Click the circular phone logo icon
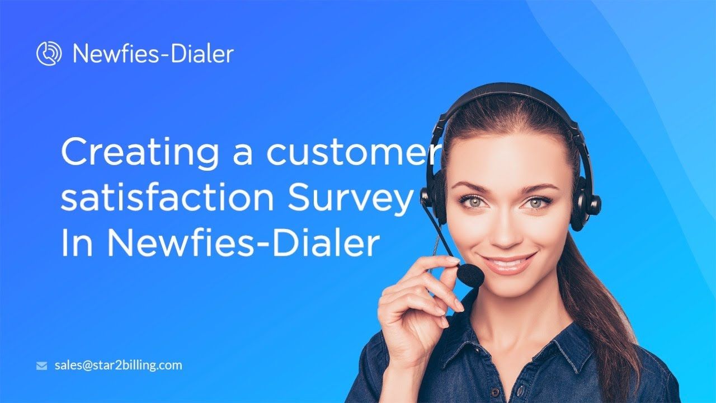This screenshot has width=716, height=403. click(x=49, y=53)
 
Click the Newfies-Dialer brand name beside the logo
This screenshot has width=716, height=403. click(x=153, y=53)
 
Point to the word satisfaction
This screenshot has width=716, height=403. click(x=167, y=196)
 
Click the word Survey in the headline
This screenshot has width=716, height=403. click(x=350, y=199)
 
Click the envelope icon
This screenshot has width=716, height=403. click(x=41, y=365)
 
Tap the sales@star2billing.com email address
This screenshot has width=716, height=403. click(x=118, y=365)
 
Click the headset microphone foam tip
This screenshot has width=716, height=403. click(x=470, y=275)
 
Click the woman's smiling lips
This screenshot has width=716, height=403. click(x=507, y=263)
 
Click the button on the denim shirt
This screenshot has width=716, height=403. click(x=494, y=392)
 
